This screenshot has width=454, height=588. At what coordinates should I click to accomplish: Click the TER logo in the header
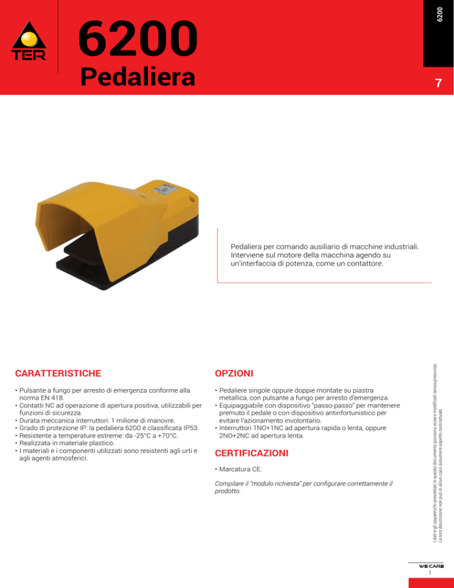pos(28,43)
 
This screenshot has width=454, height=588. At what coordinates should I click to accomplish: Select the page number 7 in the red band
pos(437,83)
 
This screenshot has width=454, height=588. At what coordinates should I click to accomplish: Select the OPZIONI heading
pos(234,373)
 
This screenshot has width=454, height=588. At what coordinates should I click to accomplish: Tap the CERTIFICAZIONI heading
pos(251,454)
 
